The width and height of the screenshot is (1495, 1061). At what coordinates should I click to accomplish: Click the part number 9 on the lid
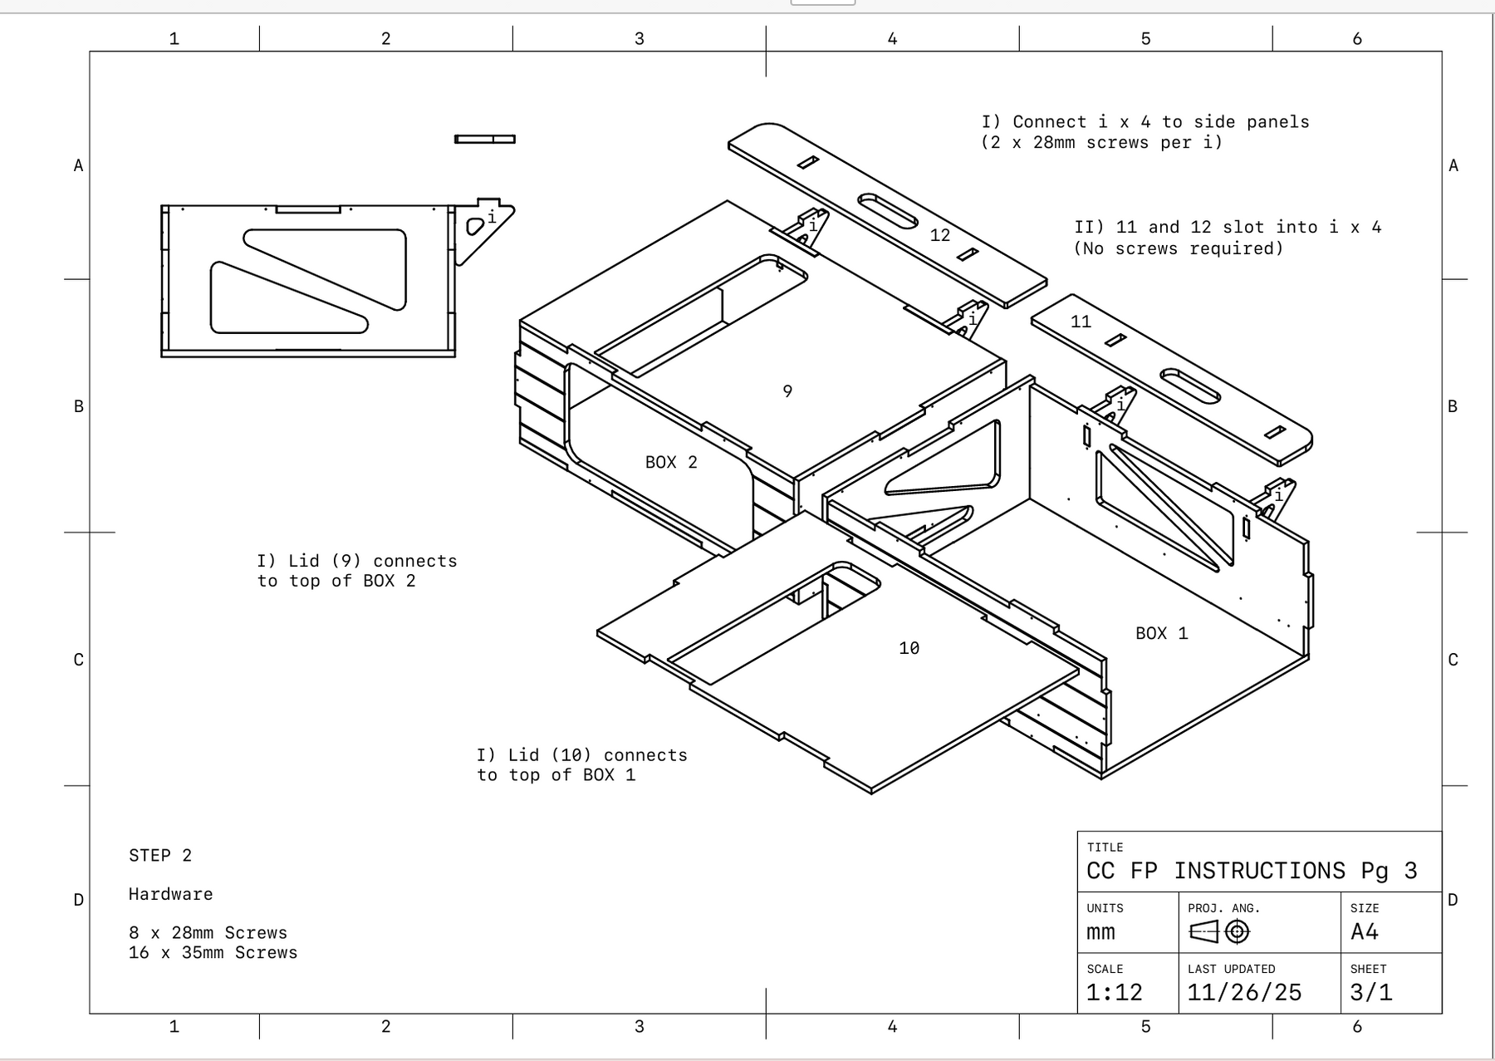pos(787,391)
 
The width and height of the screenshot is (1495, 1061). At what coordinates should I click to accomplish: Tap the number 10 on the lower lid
pos(909,648)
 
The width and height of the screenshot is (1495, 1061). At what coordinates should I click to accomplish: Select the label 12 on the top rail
pos(939,236)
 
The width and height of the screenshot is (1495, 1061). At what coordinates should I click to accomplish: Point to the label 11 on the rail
pos(1081,322)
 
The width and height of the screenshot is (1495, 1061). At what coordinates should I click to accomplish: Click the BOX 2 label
pos(671,463)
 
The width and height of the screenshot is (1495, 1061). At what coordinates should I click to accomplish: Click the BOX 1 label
pos(1161,634)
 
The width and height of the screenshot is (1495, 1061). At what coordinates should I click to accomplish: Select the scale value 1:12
pos(1114,992)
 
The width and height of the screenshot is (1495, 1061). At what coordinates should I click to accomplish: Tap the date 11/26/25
pos(1244,992)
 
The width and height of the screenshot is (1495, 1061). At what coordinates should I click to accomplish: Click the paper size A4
pos(1364,931)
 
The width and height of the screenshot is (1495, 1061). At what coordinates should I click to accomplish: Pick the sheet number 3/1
pos(1370,992)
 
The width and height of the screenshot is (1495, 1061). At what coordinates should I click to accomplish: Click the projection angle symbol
pos(1219,931)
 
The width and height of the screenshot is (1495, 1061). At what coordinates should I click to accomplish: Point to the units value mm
pos(1100,932)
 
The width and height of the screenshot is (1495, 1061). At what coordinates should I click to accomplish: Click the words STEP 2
pos(160,856)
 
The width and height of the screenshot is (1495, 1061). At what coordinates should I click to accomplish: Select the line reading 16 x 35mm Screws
pos(213,953)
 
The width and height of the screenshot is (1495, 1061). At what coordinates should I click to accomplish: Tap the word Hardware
pos(170,895)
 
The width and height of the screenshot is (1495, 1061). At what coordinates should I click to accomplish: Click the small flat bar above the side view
pos(485,139)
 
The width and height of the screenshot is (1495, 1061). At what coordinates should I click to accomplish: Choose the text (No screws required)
pos(1178,248)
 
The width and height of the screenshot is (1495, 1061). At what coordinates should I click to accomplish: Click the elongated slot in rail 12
pos(887,211)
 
